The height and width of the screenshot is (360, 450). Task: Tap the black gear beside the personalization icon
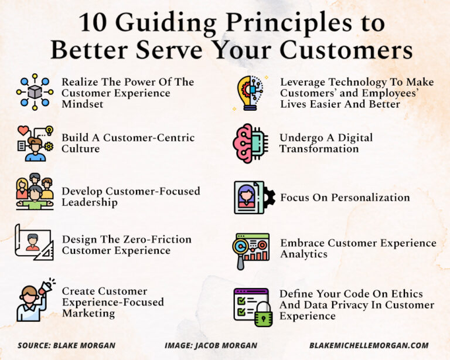click(x=269, y=197)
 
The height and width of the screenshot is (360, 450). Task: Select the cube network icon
click(x=35, y=93)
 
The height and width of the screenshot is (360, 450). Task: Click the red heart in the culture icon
click(x=23, y=131)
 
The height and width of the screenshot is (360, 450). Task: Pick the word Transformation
click(x=319, y=149)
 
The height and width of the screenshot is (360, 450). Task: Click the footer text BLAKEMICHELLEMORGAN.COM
click(x=369, y=345)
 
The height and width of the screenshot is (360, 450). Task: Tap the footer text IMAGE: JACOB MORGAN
click(x=210, y=345)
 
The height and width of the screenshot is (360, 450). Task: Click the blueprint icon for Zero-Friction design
click(x=34, y=242)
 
